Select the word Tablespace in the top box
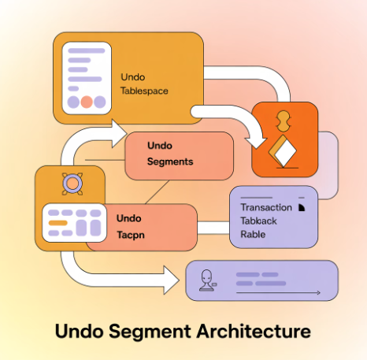pyautogui.click(x=144, y=91)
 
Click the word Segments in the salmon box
pyautogui.click(x=170, y=161)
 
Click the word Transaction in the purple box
pyautogui.click(x=265, y=207)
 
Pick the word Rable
pyautogui.click(x=253, y=234)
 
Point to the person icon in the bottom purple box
pyautogui.click(x=208, y=279)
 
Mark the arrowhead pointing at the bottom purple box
pyautogui.click(x=169, y=278)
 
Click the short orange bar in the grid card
pyautogui.click(x=57, y=223)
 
